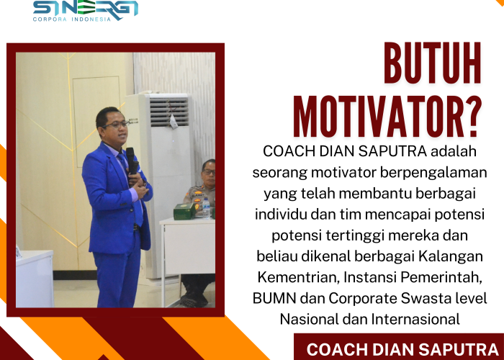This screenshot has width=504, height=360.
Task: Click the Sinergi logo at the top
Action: point(85,8)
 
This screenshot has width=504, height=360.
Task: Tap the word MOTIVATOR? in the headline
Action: point(387,117)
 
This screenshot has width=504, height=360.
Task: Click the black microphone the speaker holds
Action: point(131,159)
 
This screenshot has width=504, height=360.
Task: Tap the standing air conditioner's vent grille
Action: point(169,112)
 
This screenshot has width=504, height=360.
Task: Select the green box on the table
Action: point(186,211)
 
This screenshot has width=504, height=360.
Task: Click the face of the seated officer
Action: point(208,173)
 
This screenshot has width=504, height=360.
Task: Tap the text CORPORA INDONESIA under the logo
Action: point(72,19)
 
